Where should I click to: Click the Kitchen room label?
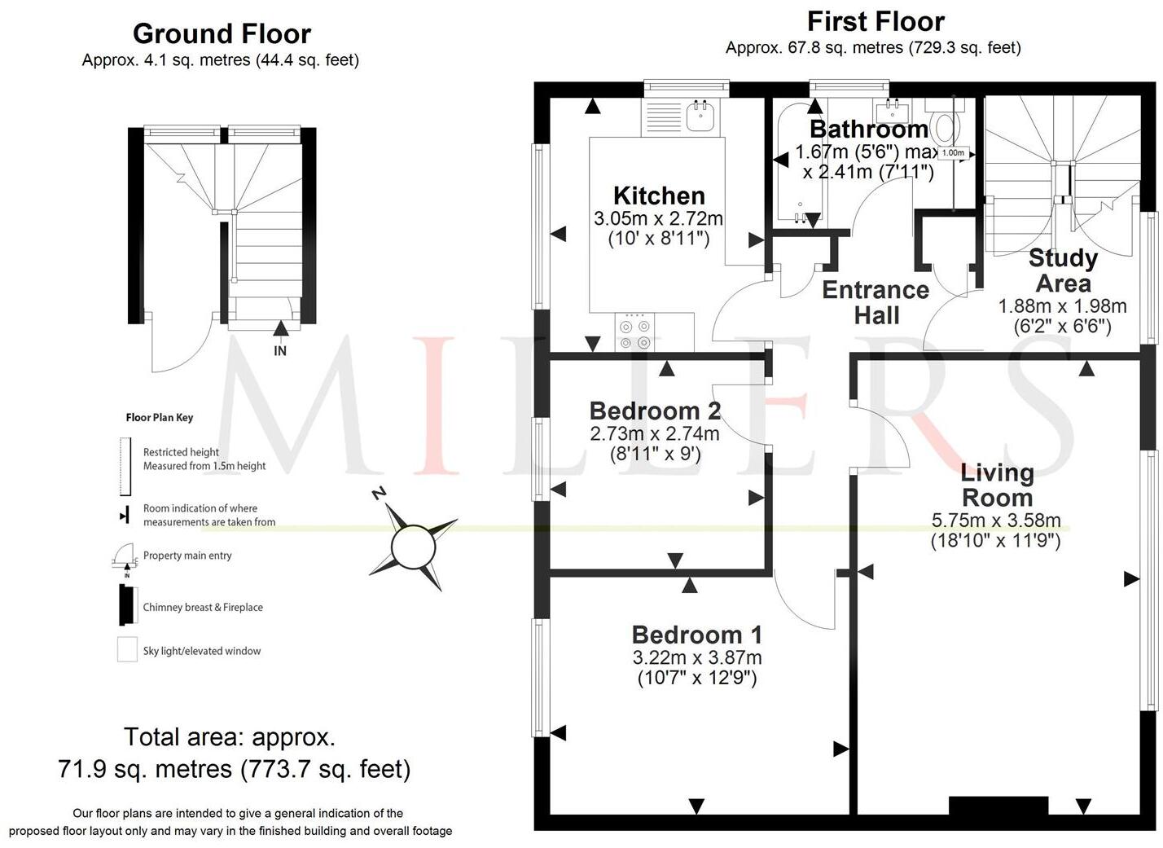[658, 196]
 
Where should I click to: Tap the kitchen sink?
[700, 116]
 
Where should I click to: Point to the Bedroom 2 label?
[655, 411]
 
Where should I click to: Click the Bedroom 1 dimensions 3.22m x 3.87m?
[696, 657]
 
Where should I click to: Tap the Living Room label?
[997, 485]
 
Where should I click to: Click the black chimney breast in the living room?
[998, 805]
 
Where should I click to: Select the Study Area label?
[1063, 270]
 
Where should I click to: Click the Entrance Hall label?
[876, 302]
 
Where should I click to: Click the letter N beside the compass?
[378, 494]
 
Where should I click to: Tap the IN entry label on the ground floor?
[280, 351]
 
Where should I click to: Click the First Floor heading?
[876, 21]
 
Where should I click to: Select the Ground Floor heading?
[222, 34]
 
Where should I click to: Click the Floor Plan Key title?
[160, 417]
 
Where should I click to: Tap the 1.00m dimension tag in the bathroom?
[952, 153]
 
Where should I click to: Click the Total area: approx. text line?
[229, 736]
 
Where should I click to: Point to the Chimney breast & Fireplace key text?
[203, 607]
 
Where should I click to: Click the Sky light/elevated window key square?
[127, 649]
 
